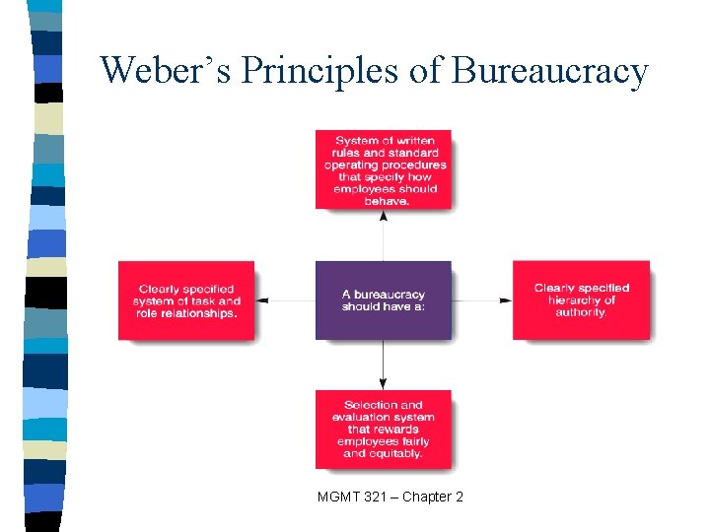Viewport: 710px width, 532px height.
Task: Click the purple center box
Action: [x=383, y=299]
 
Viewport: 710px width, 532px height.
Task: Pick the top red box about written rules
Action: [x=383, y=168]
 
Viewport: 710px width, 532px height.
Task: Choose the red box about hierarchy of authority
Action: [x=581, y=299]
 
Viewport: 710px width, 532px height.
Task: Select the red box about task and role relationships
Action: [x=185, y=299]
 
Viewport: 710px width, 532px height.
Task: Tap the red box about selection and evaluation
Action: [x=383, y=429]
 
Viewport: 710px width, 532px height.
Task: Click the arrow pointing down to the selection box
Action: [x=383, y=365]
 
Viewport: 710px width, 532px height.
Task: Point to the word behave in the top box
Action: [x=385, y=201]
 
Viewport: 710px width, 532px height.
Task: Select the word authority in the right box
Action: [x=581, y=313]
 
